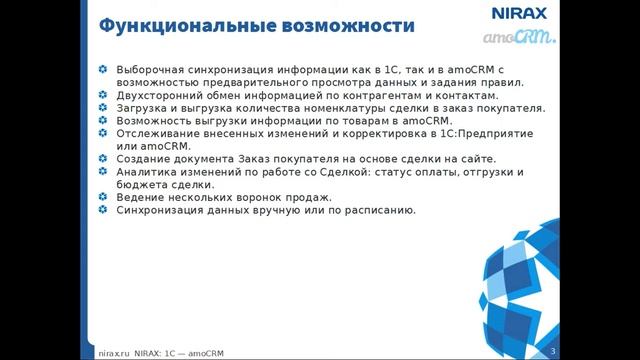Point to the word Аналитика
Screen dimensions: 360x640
click(146, 172)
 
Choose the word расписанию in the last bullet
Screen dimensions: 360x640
click(374, 211)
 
